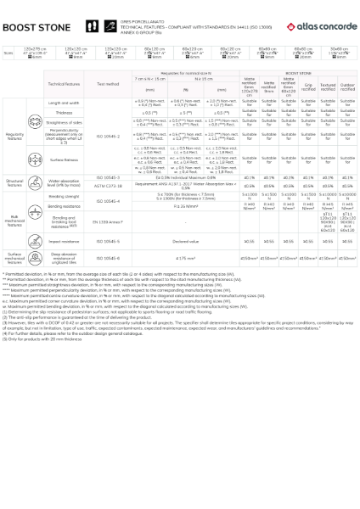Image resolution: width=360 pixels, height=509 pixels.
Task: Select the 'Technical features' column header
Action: (x=64, y=85)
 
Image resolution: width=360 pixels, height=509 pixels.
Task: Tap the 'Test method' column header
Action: (x=108, y=85)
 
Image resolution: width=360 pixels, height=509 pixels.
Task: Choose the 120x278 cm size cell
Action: (x=34, y=53)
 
